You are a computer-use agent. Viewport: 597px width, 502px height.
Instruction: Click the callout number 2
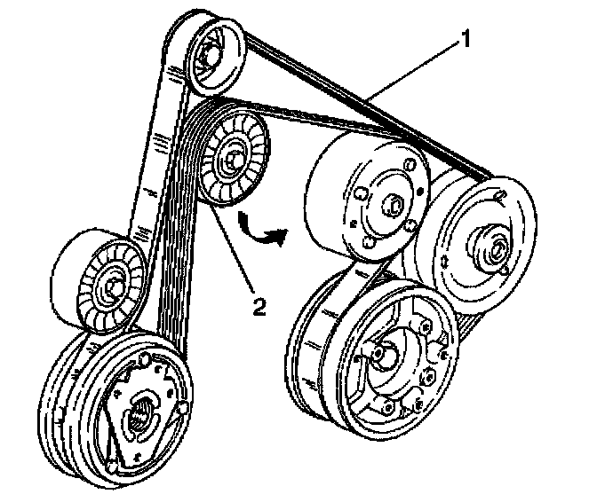pyautogui.click(x=259, y=306)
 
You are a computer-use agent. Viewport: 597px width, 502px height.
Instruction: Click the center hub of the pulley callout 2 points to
pyautogui.click(x=232, y=158)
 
